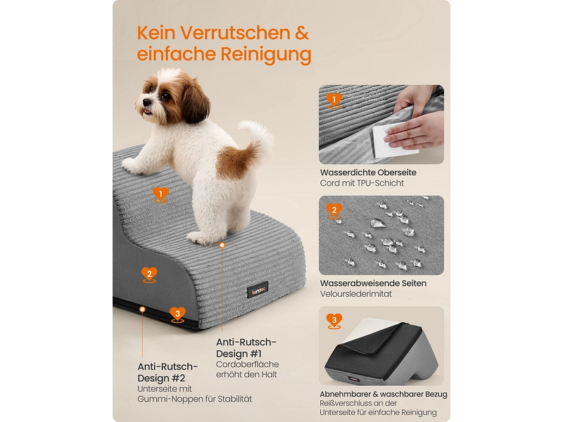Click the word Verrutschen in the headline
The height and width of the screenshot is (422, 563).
coord(235,32)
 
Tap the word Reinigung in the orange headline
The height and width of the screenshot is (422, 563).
coord(266,54)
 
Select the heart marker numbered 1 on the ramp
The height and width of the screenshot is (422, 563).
coord(160,195)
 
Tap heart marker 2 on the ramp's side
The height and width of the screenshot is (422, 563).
coord(149,275)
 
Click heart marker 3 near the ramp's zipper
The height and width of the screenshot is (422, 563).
coord(177,314)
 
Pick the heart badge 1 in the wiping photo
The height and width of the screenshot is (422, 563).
coord(334,100)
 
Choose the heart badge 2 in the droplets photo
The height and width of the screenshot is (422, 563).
coord(334,211)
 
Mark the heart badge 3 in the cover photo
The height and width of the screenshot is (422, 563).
coord(334,321)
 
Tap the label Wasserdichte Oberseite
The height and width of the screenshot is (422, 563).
coord(368,172)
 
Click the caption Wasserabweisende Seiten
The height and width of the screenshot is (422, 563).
coord(374,283)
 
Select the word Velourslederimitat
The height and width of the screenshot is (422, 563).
coord(356,294)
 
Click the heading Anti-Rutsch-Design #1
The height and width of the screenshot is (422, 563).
coord(246,348)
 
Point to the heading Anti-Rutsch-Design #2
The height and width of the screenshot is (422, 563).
coord(167,373)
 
